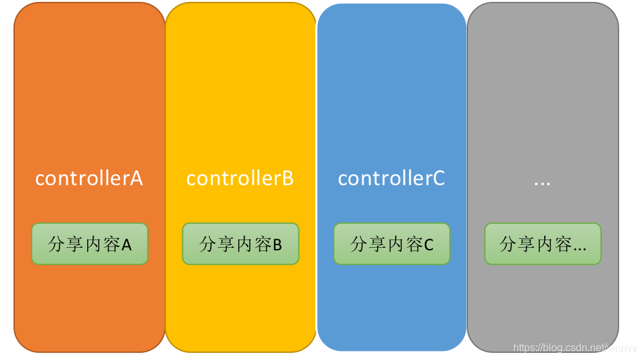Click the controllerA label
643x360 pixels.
click(89, 178)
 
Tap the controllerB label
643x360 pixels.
click(240, 178)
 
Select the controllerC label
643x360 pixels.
click(391, 178)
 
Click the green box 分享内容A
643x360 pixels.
click(90, 244)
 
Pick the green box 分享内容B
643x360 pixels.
click(241, 244)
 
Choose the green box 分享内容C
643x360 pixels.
click(392, 244)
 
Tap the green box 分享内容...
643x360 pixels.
click(543, 244)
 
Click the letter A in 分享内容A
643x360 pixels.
click(127, 245)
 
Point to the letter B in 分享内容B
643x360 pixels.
click(278, 245)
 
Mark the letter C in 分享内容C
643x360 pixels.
click(429, 245)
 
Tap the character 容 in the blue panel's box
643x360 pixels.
click(414, 244)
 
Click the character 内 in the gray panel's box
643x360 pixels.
click(545, 244)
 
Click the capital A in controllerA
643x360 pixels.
click(136, 178)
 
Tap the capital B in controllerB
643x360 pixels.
click(288, 178)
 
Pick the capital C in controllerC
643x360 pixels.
click(438, 178)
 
